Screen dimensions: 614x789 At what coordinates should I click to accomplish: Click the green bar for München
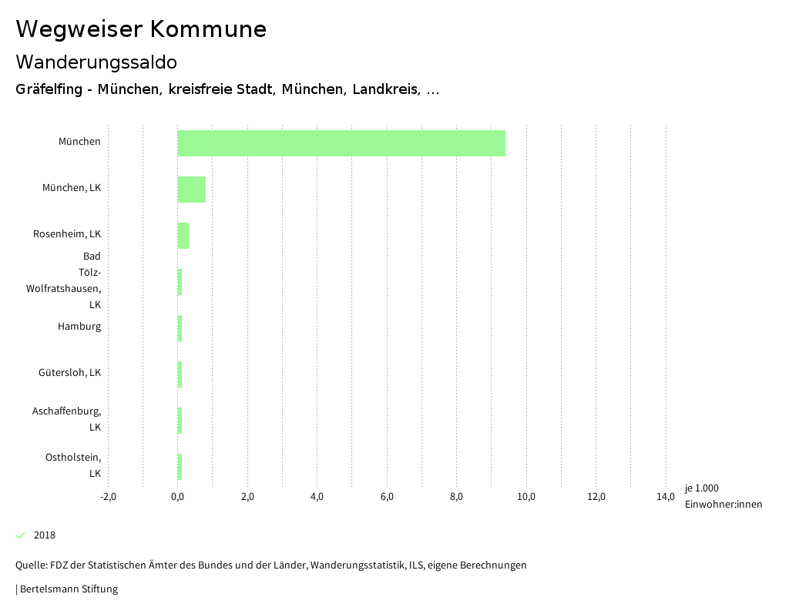341,143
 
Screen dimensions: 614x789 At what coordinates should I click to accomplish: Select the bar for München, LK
192,190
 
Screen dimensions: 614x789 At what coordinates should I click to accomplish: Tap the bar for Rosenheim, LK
183,236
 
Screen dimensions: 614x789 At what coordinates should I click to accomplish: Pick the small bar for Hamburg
180,328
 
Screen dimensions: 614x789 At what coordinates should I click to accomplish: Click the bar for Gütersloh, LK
180,374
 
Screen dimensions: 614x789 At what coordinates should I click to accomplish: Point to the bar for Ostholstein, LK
180,467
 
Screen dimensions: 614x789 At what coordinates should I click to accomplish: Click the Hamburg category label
79,327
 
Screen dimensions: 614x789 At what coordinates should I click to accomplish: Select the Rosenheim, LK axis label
67,234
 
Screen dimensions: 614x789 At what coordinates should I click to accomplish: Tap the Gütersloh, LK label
69,373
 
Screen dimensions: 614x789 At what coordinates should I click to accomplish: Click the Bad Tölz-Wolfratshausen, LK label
76,280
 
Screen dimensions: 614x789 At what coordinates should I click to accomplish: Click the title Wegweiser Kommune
141,29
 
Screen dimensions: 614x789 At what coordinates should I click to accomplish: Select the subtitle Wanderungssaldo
96,62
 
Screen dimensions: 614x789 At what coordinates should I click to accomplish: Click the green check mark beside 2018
21,535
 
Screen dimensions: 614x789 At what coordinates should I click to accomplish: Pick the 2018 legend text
45,535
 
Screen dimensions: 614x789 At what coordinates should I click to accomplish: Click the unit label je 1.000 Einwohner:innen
723,496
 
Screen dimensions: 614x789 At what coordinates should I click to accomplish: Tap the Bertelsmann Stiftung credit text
69,589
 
